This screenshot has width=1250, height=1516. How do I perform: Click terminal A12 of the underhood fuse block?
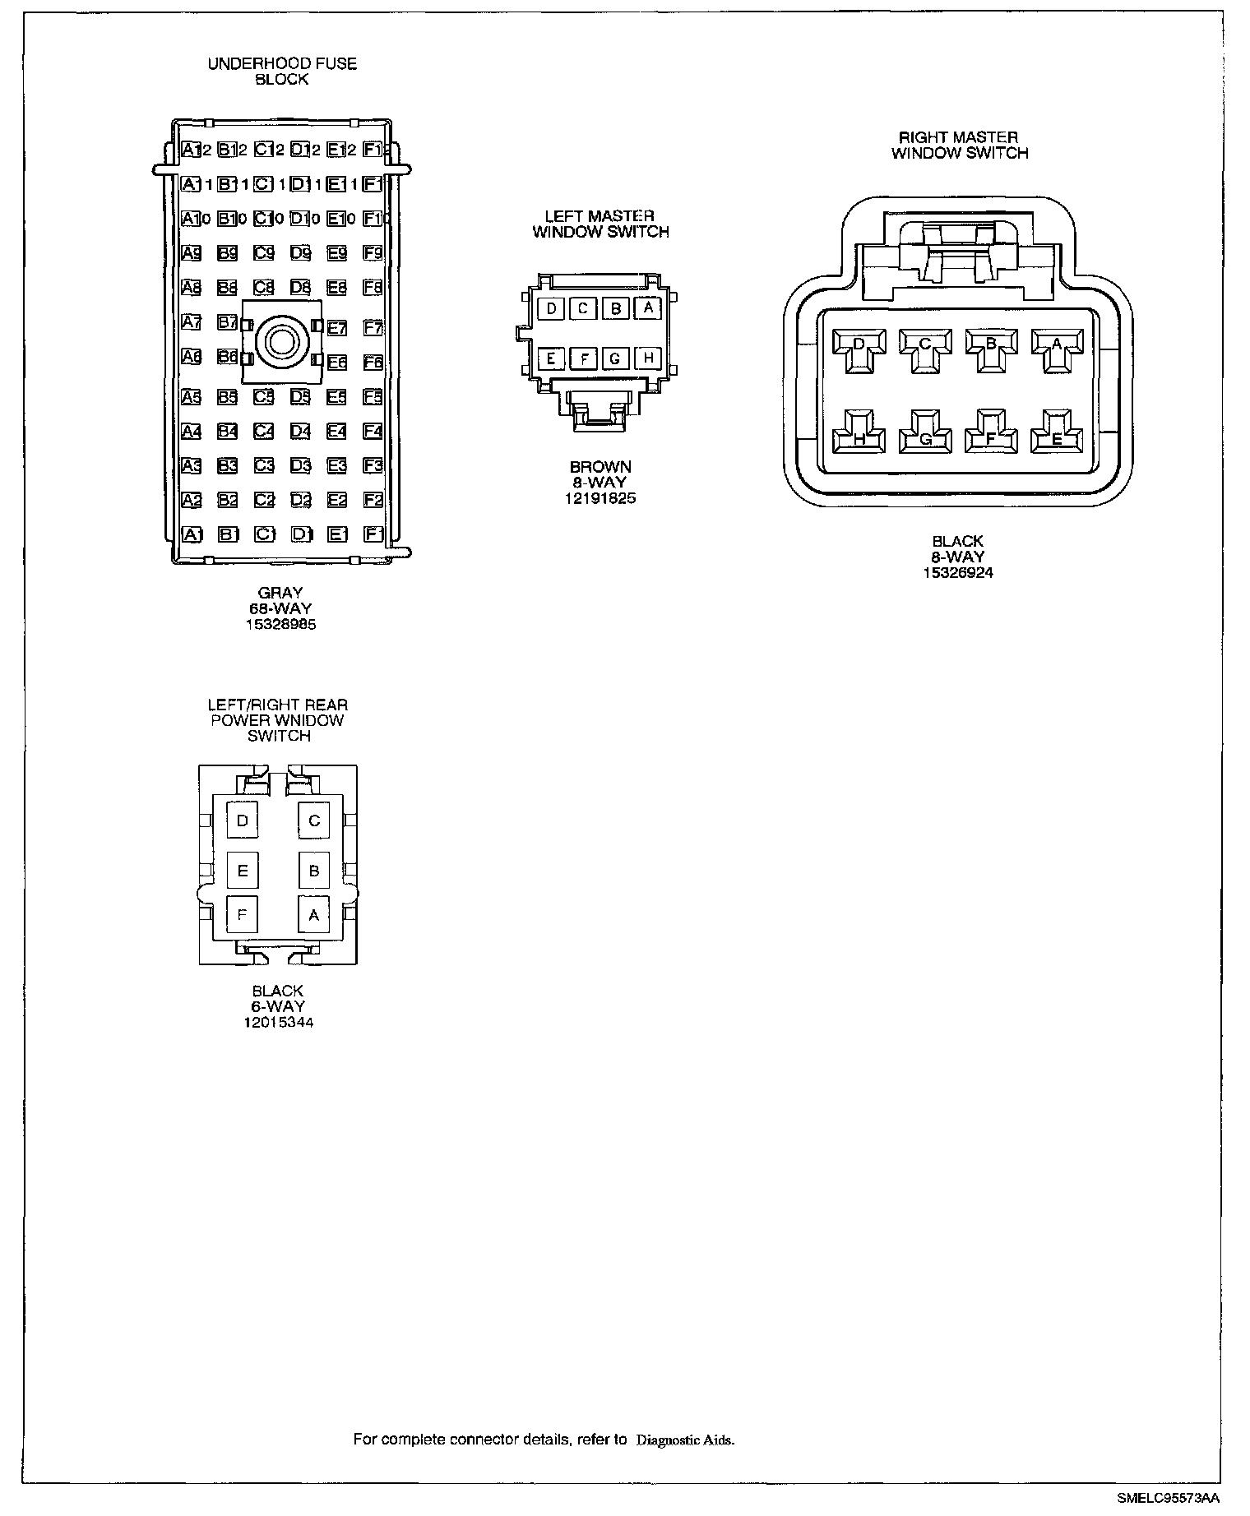coord(196,150)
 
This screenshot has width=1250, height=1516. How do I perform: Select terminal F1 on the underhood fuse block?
coord(373,534)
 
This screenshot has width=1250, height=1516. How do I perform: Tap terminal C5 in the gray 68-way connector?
coord(264,397)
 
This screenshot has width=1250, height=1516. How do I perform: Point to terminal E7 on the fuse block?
coord(337,328)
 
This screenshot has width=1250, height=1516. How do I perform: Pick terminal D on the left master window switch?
coord(552,308)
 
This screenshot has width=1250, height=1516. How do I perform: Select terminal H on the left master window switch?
coord(648,358)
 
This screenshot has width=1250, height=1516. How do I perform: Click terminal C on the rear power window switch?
coord(314,820)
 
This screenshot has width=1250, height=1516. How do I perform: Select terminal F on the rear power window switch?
coord(243,914)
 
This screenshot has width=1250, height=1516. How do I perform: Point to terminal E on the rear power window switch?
coord(243,871)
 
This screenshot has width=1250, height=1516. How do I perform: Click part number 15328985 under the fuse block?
coord(280,624)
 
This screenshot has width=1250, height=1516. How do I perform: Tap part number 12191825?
coord(600,498)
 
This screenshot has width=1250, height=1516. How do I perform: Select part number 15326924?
coord(957,573)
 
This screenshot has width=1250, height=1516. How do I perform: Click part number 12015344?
coord(278,1023)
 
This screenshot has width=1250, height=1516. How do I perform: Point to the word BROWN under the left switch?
coord(600,468)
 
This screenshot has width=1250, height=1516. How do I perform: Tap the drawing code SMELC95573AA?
coord(1169,1500)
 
